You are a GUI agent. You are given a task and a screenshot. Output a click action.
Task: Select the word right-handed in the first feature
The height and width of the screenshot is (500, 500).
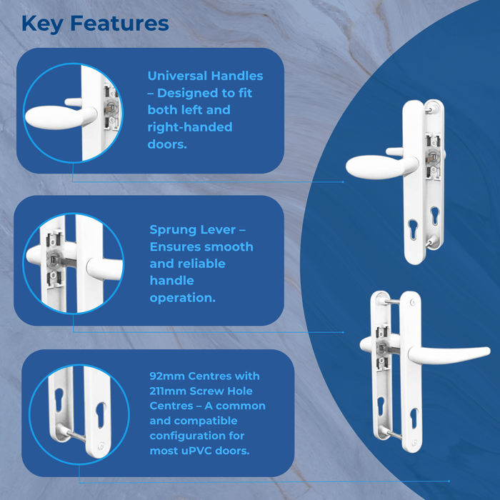190,127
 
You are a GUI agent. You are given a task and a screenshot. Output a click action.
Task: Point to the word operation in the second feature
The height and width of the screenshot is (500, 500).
182,298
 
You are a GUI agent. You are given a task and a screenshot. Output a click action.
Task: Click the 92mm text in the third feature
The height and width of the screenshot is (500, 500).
166,376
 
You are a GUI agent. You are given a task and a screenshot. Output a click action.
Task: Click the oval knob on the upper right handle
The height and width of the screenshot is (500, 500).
371,166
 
